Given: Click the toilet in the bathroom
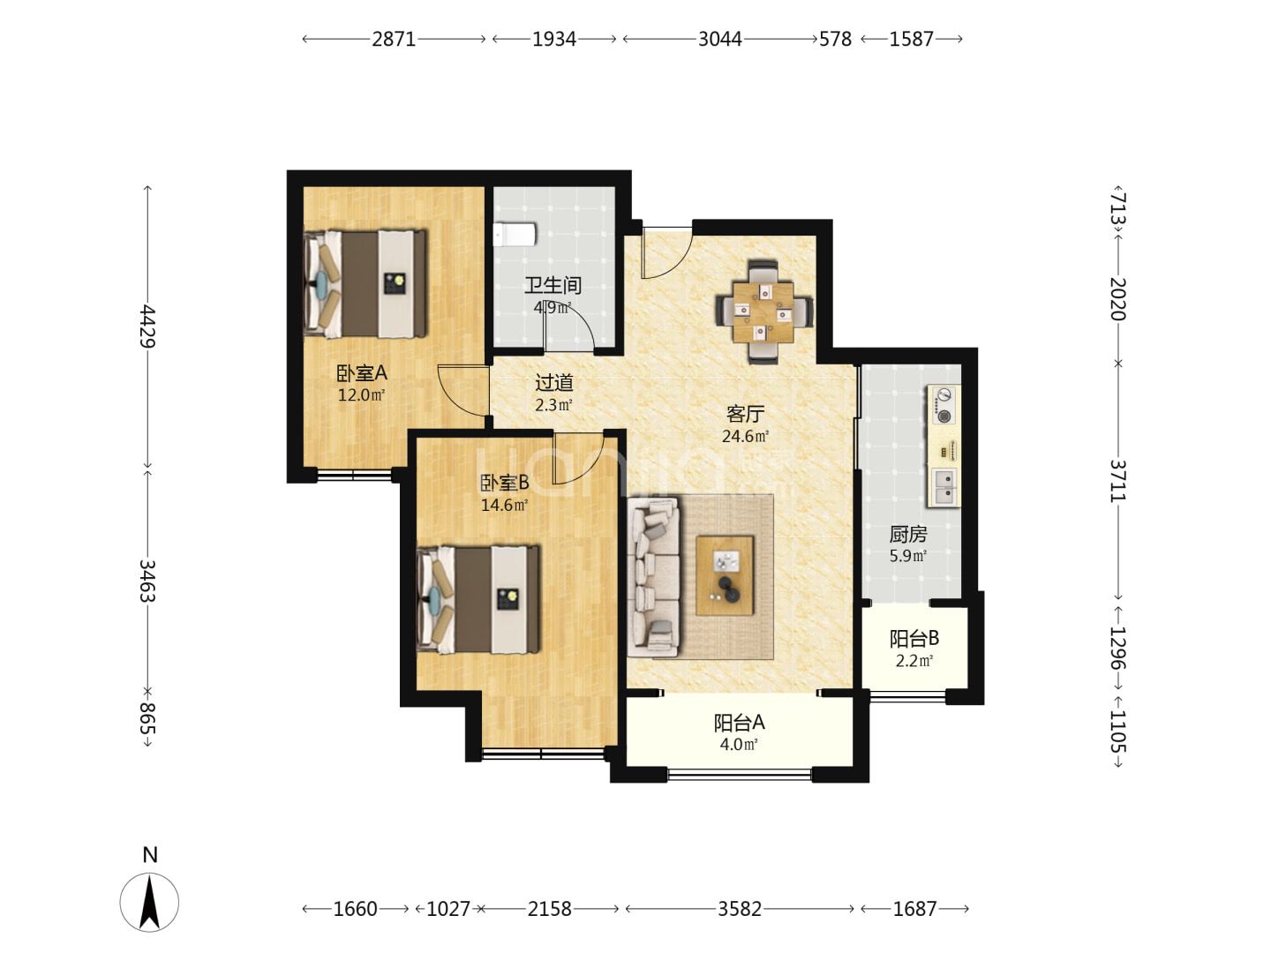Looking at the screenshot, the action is point(515,235).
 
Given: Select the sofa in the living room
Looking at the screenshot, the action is point(654,577).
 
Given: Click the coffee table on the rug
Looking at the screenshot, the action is point(725,575).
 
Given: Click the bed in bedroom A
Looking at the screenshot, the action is point(365,283).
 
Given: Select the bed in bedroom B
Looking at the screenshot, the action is point(478,599).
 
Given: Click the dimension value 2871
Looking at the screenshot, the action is point(394,39).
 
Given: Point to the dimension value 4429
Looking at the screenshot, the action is point(147,326).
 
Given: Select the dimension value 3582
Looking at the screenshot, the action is point(740,909).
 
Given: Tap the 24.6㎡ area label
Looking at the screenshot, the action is point(745,436).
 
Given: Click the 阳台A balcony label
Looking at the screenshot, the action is point(740,723).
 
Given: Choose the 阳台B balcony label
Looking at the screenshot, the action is point(914,639).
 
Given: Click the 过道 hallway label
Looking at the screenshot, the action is point(554,382).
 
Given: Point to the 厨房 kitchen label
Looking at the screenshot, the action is point(908,534).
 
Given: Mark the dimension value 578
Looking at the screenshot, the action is point(835,39).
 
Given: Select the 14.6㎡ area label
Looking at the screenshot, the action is point(504,505).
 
